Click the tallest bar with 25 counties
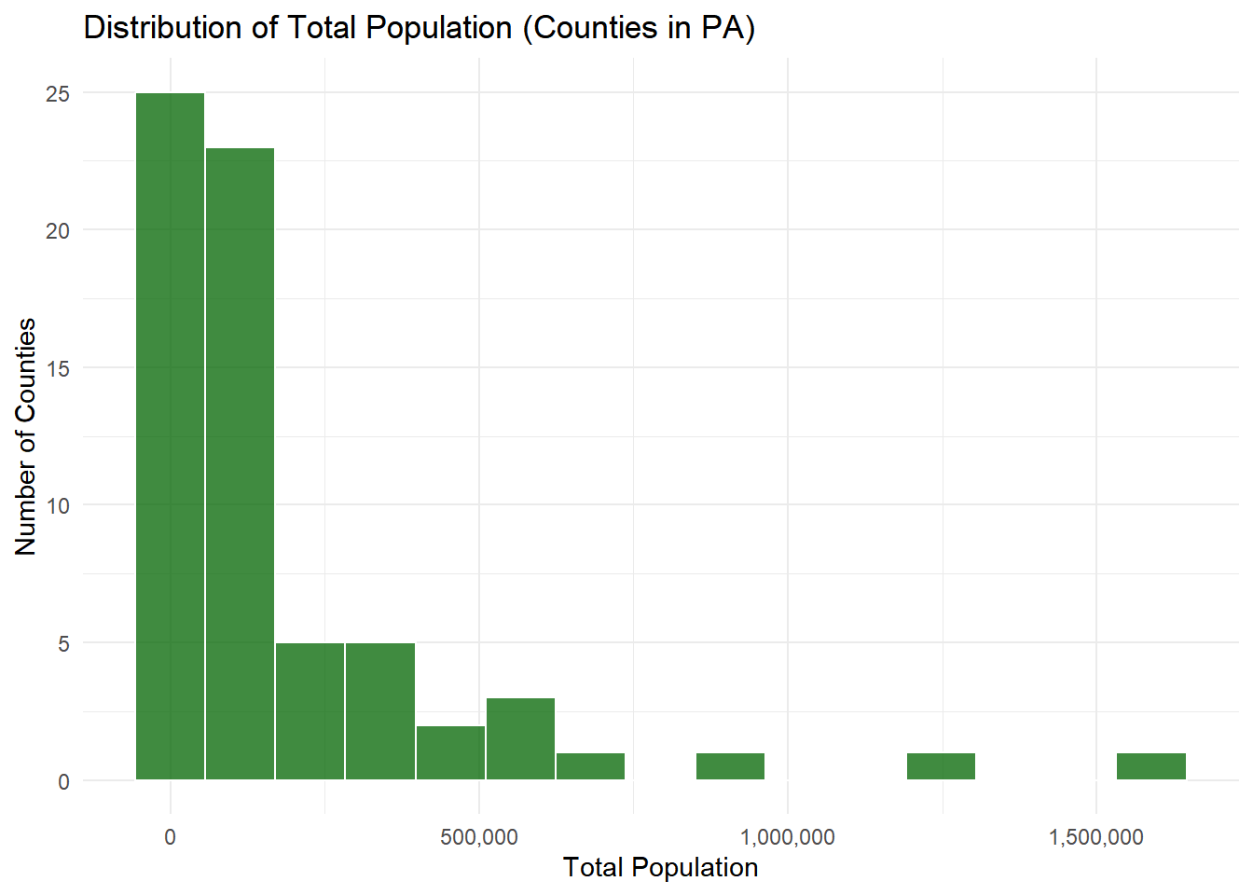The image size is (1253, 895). pyautogui.click(x=170, y=436)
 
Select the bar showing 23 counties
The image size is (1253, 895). pyautogui.click(x=240, y=463)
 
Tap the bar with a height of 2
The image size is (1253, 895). pyautogui.click(x=450, y=752)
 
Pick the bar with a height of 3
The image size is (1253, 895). pyautogui.click(x=520, y=738)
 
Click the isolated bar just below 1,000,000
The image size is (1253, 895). pyautogui.click(x=730, y=766)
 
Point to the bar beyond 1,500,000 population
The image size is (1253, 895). pyautogui.click(x=1150, y=766)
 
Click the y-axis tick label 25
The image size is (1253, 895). pyautogui.click(x=58, y=94)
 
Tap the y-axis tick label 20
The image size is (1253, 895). pyautogui.click(x=58, y=231)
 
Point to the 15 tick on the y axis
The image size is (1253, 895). pyautogui.click(x=58, y=368)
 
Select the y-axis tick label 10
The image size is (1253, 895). pyautogui.click(x=58, y=506)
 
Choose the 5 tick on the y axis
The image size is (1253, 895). pyautogui.click(x=63, y=644)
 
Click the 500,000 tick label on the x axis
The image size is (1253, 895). pyautogui.click(x=479, y=837)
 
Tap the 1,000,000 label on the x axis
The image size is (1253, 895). pyautogui.click(x=788, y=837)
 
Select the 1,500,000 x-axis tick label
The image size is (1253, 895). pyautogui.click(x=1095, y=837)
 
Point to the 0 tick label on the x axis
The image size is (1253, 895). pyautogui.click(x=170, y=837)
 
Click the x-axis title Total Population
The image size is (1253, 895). pyautogui.click(x=660, y=868)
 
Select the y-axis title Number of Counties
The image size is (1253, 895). pyautogui.click(x=26, y=436)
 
